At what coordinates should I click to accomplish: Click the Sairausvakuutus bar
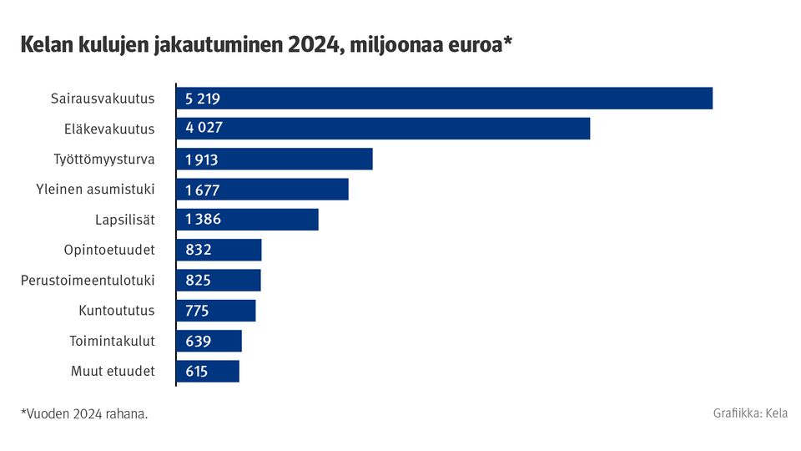click(445, 99)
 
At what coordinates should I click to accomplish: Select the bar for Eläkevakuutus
click(383, 129)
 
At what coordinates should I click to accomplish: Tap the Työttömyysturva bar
click(275, 159)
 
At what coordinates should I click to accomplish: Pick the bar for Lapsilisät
click(248, 220)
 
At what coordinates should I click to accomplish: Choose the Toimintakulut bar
click(209, 341)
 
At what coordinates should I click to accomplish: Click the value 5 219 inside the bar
click(202, 99)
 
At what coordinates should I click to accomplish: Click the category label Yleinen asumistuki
click(96, 190)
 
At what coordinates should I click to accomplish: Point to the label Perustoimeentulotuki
click(88, 281)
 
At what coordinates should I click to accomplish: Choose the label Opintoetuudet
click(109, 250)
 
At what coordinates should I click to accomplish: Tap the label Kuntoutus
click(117, 311)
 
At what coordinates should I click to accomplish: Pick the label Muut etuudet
click(113, 372)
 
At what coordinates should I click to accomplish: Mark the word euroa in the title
click(473, 44)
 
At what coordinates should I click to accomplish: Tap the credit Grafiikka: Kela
click(750, 413)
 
